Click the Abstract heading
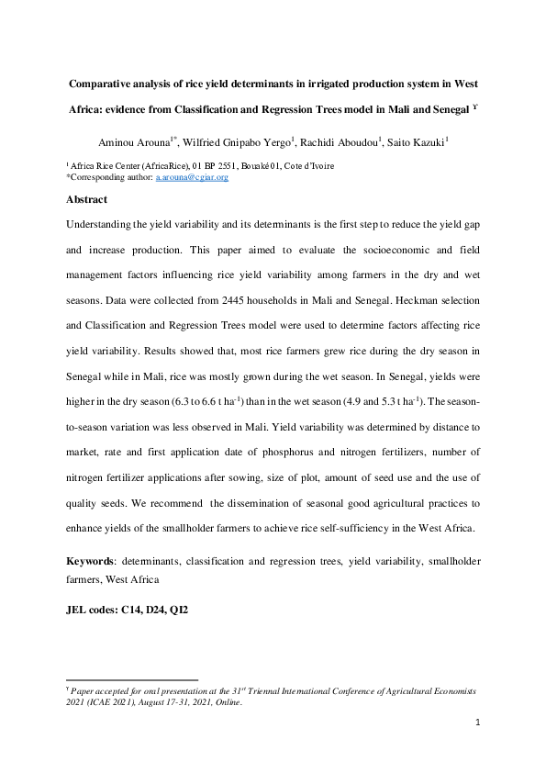pyautogui.click(x=86, y=199)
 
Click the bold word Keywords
pyautogui.click(x=92, y=560)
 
